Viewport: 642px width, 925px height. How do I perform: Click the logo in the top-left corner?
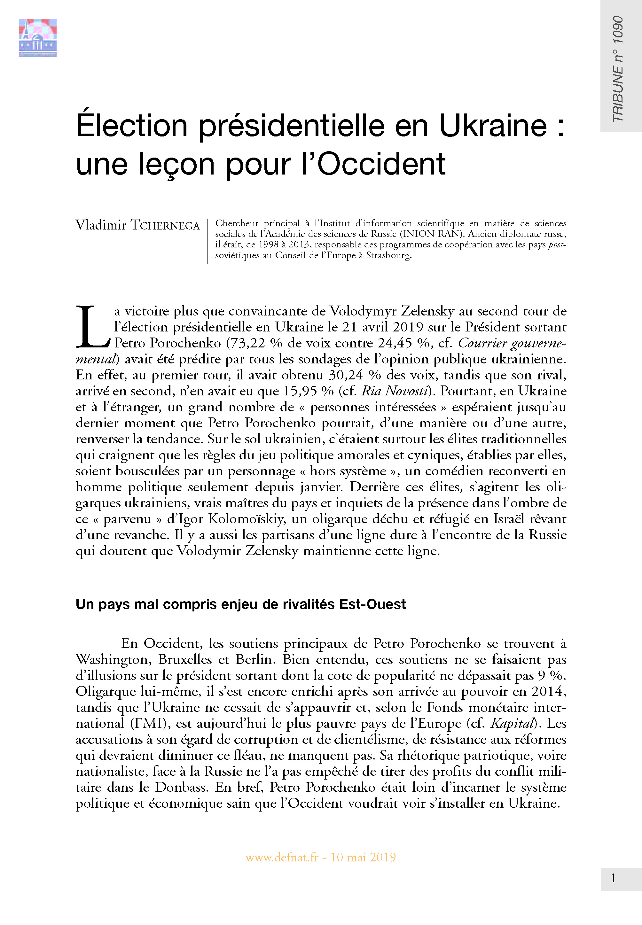pos(37,37)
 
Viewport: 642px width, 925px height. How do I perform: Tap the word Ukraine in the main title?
pos(493,126)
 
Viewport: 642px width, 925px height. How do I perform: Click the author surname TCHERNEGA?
pos(165,226)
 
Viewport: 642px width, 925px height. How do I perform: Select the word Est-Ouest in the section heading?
pos(372,604)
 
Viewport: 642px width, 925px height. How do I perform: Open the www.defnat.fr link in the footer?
pos(282,857)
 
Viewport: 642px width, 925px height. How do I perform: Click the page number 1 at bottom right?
pos(613,878)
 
